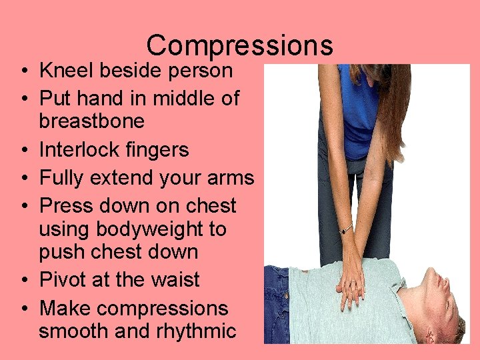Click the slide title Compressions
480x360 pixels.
(239, 45)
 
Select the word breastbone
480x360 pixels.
(91, 121)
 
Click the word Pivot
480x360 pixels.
(61, 279)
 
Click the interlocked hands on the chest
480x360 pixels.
(351, 287)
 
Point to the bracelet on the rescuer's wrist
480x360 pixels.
(345, 229)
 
